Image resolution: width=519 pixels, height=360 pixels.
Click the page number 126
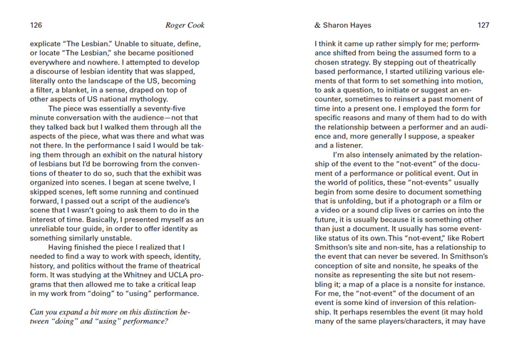[x=36, y=25]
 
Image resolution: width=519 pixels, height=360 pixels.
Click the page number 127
[x=483, y=25]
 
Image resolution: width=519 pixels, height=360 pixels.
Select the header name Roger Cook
[x=185, y=25]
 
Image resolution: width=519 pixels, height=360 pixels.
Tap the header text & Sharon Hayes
[x=344, y=25]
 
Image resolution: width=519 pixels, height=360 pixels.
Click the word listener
[x=343, y=145]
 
